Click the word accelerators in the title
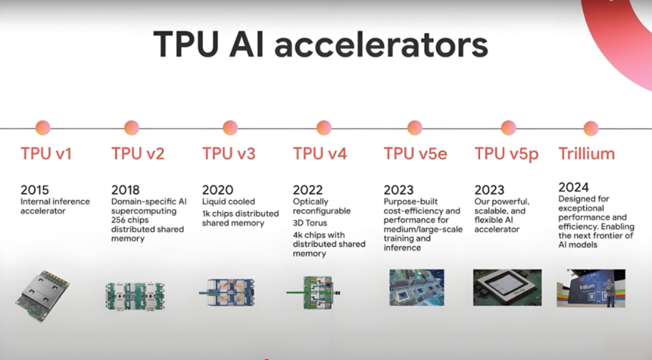tap(381, 45)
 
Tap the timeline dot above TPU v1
tap(43, 128)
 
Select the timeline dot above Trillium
tap(591, 128)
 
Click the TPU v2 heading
tap(138, 154)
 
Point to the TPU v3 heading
tap(229, 154)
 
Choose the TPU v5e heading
tap(415, 154)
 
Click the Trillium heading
tap(586, 154)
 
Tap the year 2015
tap(35, 190)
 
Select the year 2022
tap(308, 190)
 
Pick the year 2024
tap(573, 187)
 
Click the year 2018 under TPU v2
tap(126, 190)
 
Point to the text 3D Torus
tap(310, 223)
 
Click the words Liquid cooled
tap(229, 202)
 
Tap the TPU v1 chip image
tap(42, 295)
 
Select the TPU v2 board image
tap(135, 295)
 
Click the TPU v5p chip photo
tap(507, 288)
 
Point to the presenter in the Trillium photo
tap(610, 293)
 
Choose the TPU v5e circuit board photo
tap(417, 288)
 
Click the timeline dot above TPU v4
tap(323, 128)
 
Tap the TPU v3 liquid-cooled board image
tap(227, 293)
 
